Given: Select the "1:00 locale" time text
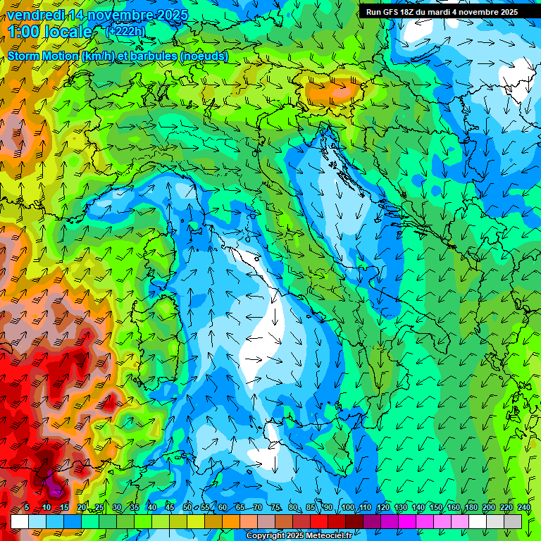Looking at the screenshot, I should (x=51, y=32).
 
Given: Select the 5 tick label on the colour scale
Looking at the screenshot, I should (x=27, y=508).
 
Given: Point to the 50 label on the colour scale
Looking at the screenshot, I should (x=187, y=508).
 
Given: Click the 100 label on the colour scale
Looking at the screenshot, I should (x=347, y=508).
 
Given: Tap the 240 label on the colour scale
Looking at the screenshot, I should (x=524, y=508).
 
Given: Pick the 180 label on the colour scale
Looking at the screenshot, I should (x=471, y=508).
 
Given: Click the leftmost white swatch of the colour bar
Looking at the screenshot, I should (x=20, y=521).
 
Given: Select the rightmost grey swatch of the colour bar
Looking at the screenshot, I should (x=514, y=521).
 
